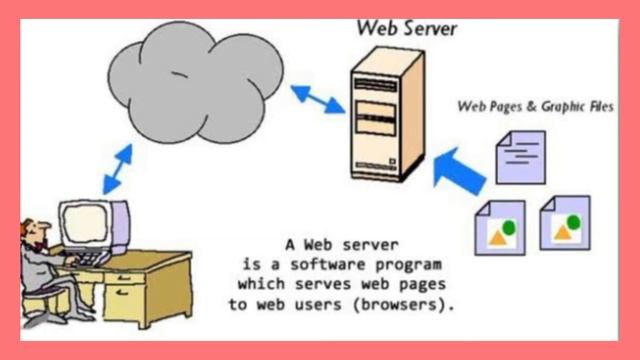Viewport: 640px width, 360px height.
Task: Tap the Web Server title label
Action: click(407, 27)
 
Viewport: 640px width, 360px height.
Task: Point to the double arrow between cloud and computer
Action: click(116, 168)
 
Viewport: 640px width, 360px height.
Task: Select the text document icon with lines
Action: click(520, 156)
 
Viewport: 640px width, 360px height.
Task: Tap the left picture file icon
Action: click(498, 224)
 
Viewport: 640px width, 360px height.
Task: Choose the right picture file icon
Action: click(564, 222)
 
